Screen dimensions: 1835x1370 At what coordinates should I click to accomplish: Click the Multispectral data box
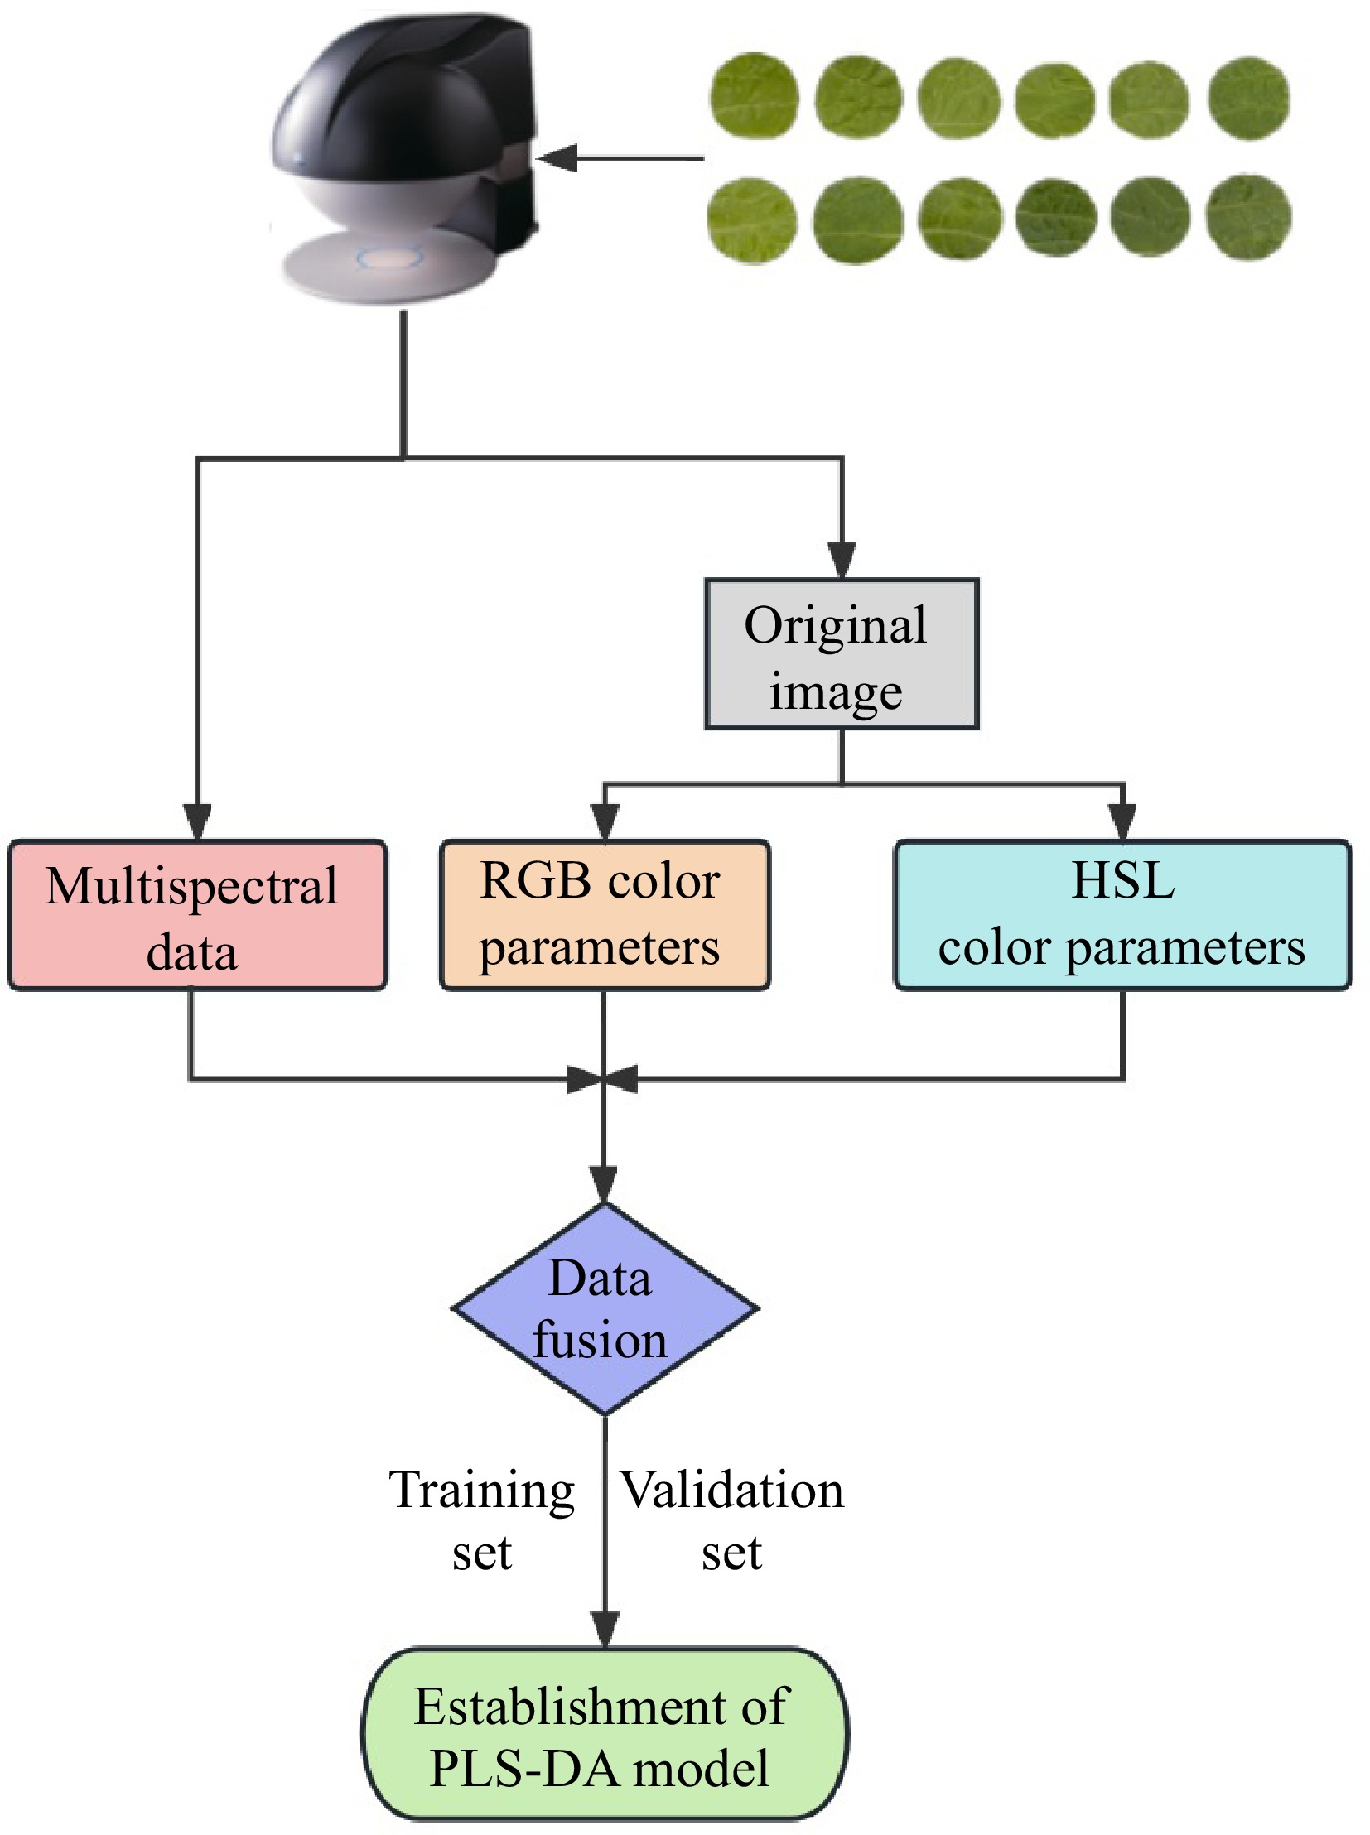point(197,916)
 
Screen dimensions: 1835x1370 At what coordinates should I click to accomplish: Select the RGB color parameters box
point(605,916)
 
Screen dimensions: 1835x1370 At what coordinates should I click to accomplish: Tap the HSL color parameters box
point(1123,916)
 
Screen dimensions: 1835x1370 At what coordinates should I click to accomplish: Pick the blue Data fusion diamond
point(605,1310)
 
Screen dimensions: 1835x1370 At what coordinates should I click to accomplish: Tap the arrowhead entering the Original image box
point(842,561)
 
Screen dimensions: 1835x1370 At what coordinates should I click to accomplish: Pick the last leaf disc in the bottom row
point(1248,218)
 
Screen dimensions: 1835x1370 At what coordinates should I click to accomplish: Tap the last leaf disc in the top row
point(1248,98)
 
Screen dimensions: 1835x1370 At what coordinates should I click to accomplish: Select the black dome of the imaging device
point(390,108)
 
